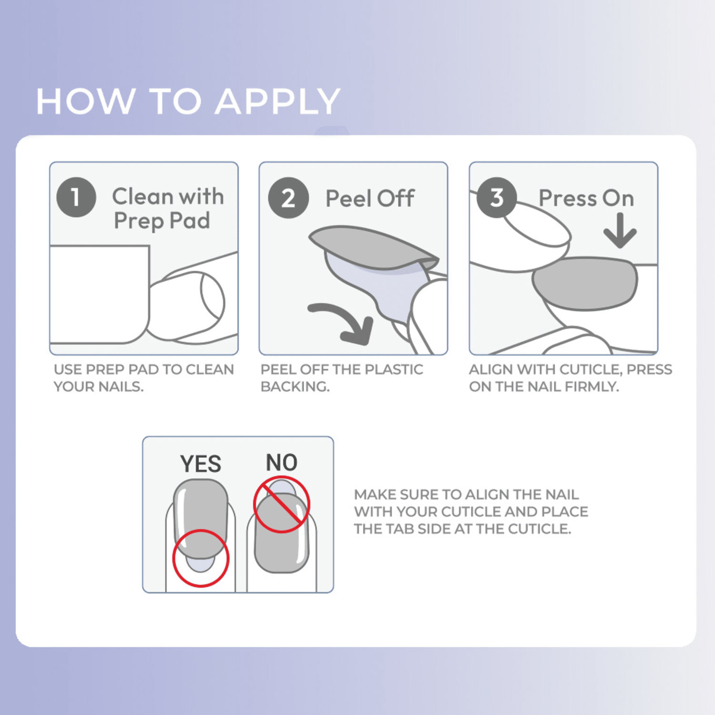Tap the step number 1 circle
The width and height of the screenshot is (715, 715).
76,197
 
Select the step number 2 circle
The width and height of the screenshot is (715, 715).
288,198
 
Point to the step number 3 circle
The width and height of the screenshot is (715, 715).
497,197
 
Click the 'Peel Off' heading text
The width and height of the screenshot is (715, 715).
370,198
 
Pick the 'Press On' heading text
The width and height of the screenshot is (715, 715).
586,198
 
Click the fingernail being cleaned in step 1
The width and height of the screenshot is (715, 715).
213,297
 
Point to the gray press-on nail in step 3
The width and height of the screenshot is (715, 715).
585,284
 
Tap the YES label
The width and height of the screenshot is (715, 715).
200,464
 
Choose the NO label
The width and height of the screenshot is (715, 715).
281,462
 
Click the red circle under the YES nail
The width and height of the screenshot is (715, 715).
201,558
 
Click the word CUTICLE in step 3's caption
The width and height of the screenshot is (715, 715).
590,369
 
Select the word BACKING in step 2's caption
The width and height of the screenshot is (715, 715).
295,387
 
